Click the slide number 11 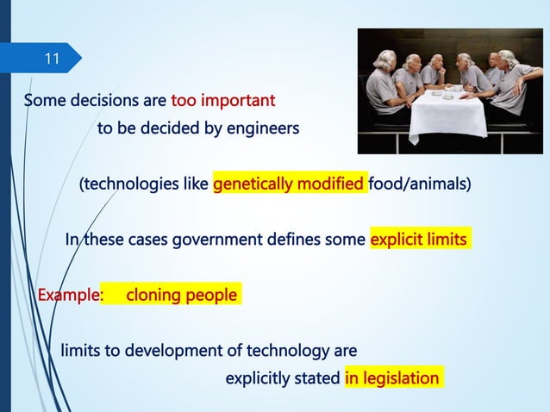click(x=53, y=59)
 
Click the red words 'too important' click(x=223, y=101)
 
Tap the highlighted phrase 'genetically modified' click(x=289, y=184)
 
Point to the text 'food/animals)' click(x=419, y=184)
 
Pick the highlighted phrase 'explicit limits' click(x=419, y=240)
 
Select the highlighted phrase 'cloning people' click(x=181, y=296)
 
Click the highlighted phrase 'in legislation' click(x=392, y=378)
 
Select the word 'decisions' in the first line click(x=106, y=101)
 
